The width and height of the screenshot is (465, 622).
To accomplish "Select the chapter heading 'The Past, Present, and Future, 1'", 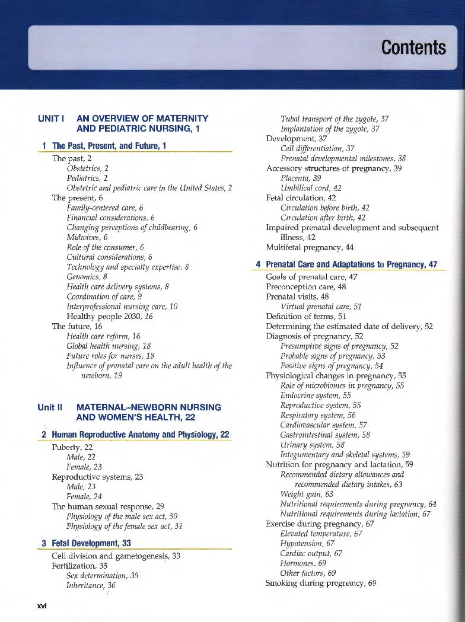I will [x=104, y=146].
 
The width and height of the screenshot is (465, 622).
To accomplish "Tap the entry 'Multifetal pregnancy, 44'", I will [x=310, y=247].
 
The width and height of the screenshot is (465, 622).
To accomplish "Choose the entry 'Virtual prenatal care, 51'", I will [x=321, y=307].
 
